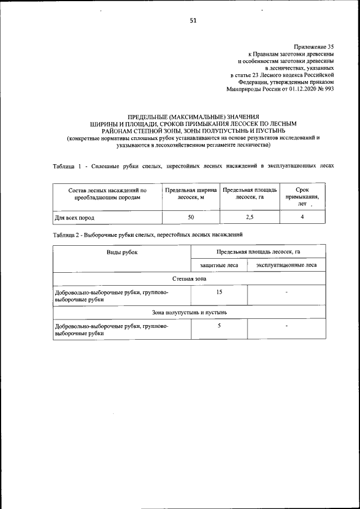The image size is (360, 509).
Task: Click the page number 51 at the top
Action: pos(193,21)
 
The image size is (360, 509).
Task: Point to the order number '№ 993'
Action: pos(326,89)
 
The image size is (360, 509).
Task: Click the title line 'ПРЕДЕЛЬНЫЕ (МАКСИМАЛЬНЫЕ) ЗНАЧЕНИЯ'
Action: pos(193,116)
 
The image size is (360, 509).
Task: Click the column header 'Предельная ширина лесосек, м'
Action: pos(191,194)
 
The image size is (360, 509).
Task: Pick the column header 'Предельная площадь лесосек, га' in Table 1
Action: pos(249,194)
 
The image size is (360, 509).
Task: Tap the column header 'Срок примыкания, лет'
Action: pos(301,197)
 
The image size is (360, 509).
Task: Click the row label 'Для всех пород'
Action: pos(74,217)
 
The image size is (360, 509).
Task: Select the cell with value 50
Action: pos(191,217)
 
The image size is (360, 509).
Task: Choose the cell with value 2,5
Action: pos(249,217)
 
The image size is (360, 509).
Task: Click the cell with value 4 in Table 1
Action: pos(302,217)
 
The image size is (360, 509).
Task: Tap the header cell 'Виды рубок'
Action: pos(122,252)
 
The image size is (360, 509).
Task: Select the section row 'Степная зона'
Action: pos(189,278)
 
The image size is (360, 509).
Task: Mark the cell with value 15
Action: pos(219,292)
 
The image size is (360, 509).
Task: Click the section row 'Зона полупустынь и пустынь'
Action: pos(189,312)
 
